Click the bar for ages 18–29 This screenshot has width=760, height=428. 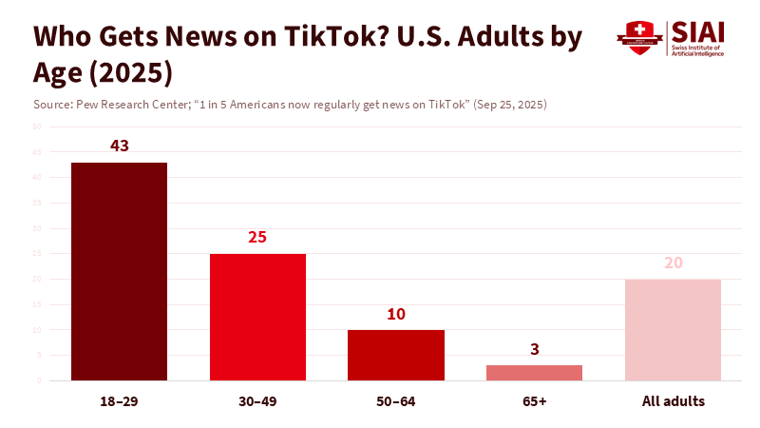[x=119, y=271]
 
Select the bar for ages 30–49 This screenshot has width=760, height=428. [x=257, y=317]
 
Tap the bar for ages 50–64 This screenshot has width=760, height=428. [x=396, y=355]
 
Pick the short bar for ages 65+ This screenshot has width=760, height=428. [x=534, y=373]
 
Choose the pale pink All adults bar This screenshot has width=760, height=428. [x=673, y=329]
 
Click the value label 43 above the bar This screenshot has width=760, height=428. [x=119, y=146]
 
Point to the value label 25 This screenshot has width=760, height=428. [x=257, y=238]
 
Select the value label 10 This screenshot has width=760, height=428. [x=396, y=314]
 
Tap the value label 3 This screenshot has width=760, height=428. [x=534, y=349]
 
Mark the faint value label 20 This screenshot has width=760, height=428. [x=673, y=263]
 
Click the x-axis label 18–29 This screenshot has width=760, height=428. [x=119, y=401]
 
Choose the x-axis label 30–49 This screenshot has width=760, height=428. [x=257, y=401]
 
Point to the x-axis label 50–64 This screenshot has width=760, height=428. [x=396, y=401]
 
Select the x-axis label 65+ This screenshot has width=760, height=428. [x=534, y=401]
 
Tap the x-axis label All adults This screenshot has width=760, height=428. [x=673, y=401]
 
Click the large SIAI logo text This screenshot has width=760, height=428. [x=696, y=30]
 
